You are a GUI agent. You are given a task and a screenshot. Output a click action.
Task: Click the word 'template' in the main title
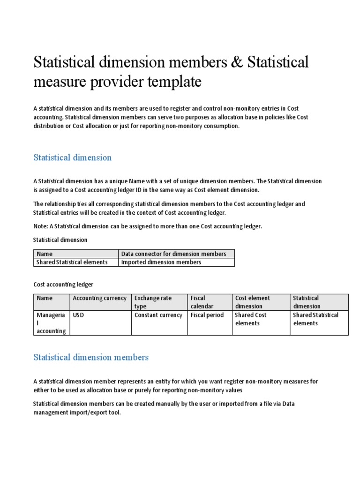coord(175,82)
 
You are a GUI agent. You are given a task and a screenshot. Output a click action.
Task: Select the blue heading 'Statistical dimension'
coord(72,157)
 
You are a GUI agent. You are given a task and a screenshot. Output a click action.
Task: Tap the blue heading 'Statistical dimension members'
coord(90,357)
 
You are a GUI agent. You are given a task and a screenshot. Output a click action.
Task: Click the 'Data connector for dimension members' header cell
coord(173,254)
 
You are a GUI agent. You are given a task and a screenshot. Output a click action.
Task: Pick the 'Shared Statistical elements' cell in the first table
coord(72,262)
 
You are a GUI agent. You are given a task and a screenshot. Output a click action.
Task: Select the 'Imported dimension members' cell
coord(161,262)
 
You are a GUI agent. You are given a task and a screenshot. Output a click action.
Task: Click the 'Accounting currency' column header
coord(99,298)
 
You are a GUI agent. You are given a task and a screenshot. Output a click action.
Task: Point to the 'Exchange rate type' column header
coord(153,302)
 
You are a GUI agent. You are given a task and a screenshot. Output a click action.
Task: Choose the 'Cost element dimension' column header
coord(252,302)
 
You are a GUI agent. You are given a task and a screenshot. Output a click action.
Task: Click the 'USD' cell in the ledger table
coord(78,315)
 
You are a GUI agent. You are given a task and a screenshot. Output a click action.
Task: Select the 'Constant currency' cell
coord(158,315)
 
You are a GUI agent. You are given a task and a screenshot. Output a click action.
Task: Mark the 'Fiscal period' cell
coord(207,315)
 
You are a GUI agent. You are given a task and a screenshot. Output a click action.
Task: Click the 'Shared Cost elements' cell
coord(250,319)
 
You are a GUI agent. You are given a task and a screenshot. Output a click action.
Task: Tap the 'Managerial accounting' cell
coord(51,323)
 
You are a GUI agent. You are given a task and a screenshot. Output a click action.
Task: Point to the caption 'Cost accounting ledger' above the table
coord(63,284)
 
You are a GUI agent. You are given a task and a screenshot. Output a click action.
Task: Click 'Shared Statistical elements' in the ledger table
coord(315,319)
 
